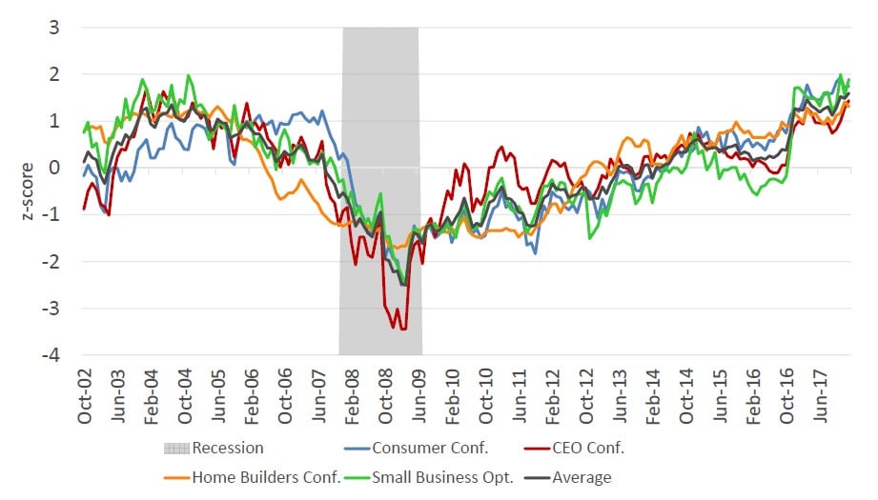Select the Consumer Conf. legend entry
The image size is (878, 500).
click(419, 447)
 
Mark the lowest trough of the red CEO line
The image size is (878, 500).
click(395, 329)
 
